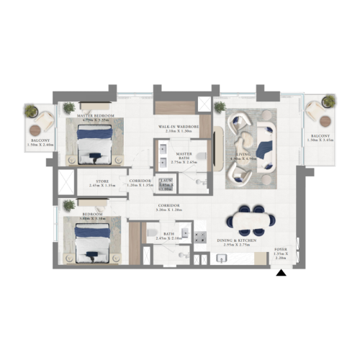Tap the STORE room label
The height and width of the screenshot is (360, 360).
pyautogui.click(x=102, y=181)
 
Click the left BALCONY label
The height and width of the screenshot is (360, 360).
pyautogui.click(x=40, y=140)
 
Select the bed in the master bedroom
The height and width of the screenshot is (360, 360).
pyautogui.click(x=94, y=140)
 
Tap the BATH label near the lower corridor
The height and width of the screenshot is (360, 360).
pyautogui.click(x=169, y=234)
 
